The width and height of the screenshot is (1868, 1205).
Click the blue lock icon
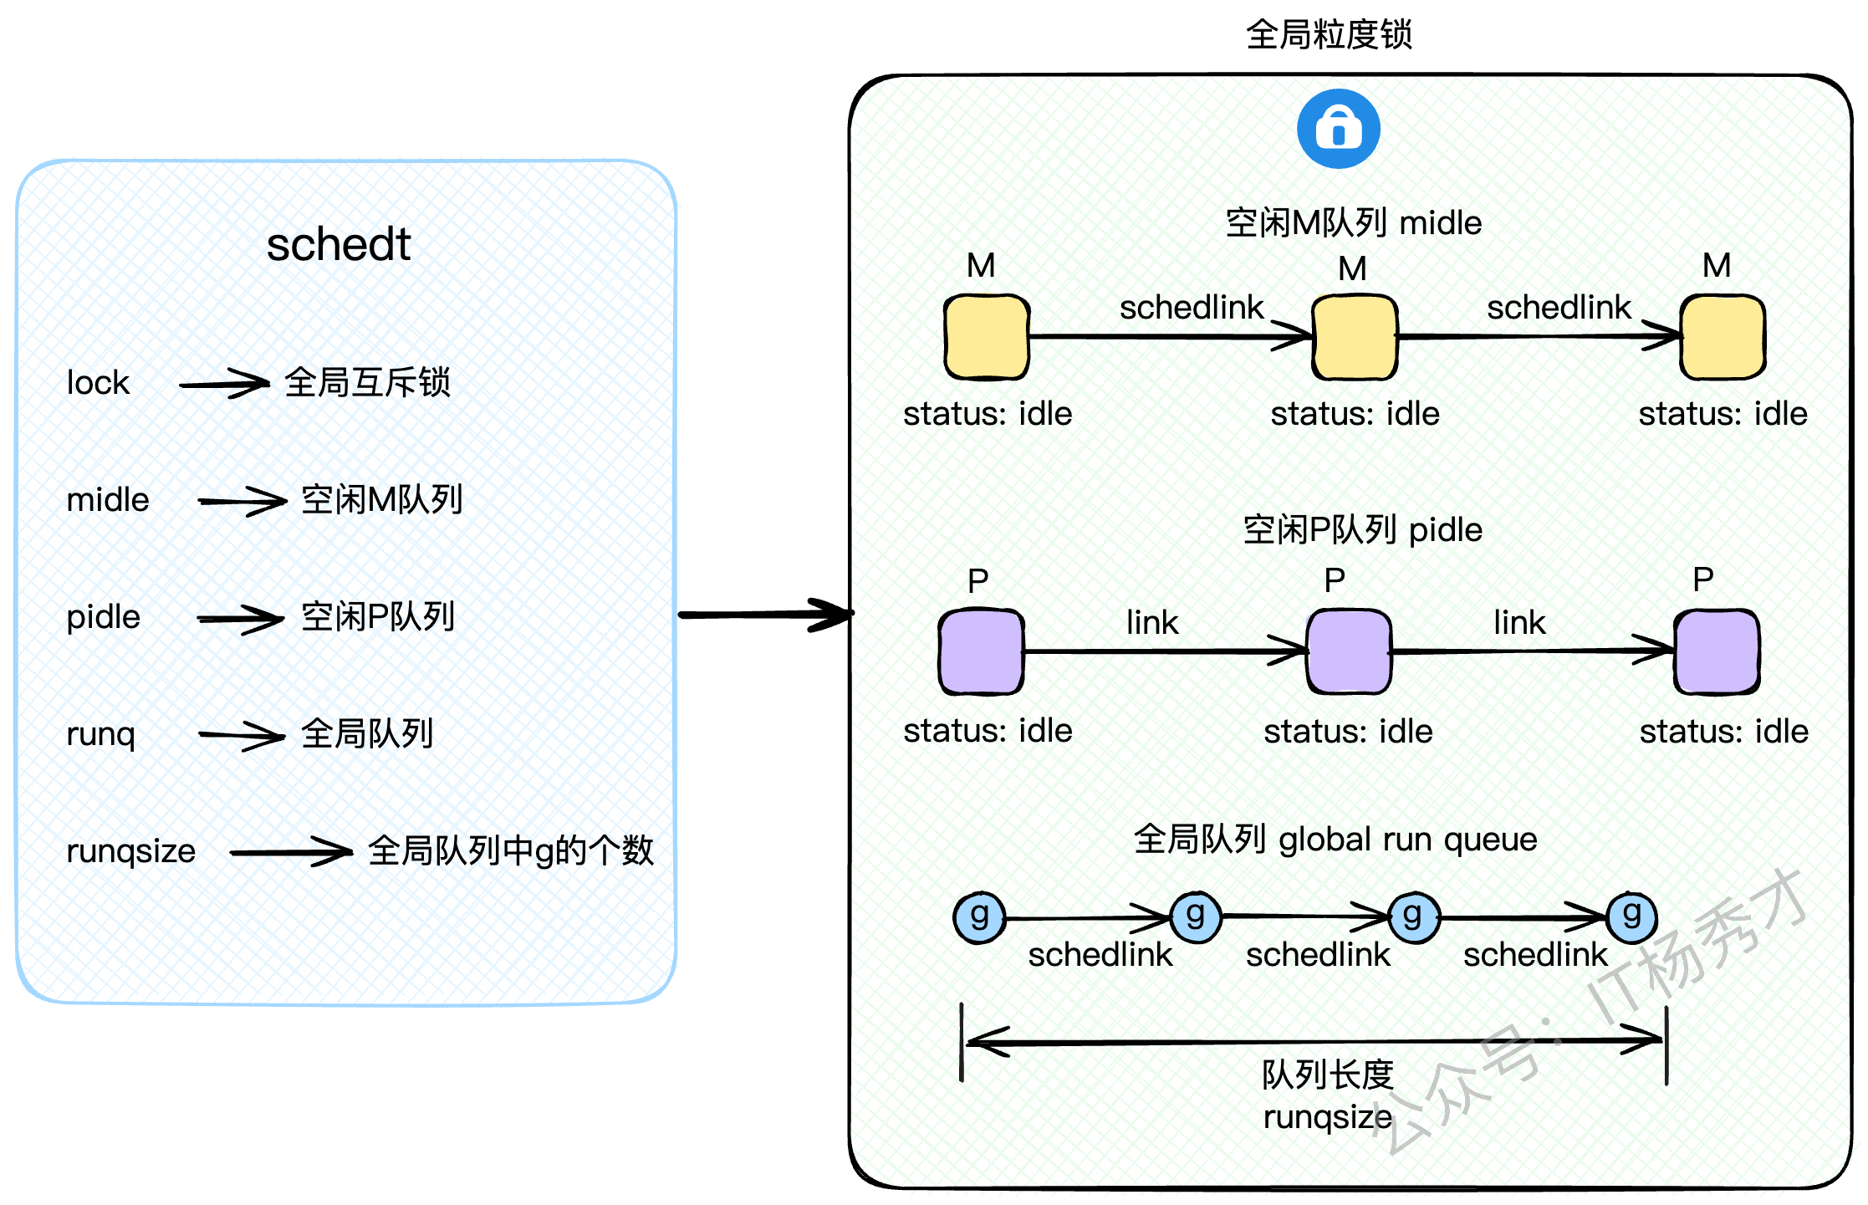pyautogui.click(x=1338, y=129)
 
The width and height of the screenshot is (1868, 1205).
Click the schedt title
pyautogui.click(x=339, y=244)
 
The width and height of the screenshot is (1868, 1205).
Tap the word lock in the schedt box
pyautogui.click(x=98, y=383)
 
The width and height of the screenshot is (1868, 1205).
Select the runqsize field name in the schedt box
pyautogui.click(x=130, y=851)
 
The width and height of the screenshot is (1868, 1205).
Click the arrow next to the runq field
pyautogui.click(x=242, y=735)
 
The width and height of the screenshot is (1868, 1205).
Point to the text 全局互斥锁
pyautogui.click(x=367, y=383)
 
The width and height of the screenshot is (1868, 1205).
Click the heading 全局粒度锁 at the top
pyautogui.click(x=1329, y=35)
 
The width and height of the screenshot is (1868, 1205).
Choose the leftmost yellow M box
pyautogui.click(x=987, y=336)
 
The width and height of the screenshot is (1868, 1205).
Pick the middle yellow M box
pyautogui.click(x=1355, y=336)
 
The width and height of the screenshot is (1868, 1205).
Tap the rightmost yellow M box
pyautogui.click(x=1723, y=336)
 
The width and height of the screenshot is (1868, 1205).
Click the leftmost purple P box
pyautogui.click(x=981, y=651)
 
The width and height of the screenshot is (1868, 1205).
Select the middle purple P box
pyautogui.click(x=1349, y=651)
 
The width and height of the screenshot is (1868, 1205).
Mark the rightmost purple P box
pyautogui.click(x=1717, y=651)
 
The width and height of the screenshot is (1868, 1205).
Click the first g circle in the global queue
pyautogui.click(x=979, y=917)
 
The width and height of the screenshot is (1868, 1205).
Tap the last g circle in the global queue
pyautogui.click(x=1631, y=917)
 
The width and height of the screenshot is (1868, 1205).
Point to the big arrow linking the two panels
pyautogui.click(x=764, y=615)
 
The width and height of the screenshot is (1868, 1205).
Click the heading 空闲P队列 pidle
pyautogui.click(x=1362, y=530)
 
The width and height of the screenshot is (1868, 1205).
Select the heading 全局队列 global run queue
pyautogui.click(x=1335, y=839)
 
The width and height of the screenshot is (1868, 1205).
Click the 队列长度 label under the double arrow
pyautogui.click(x=1328, y=1075)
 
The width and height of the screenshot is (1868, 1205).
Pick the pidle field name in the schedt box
pyautogui.click(x=103, y=617)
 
